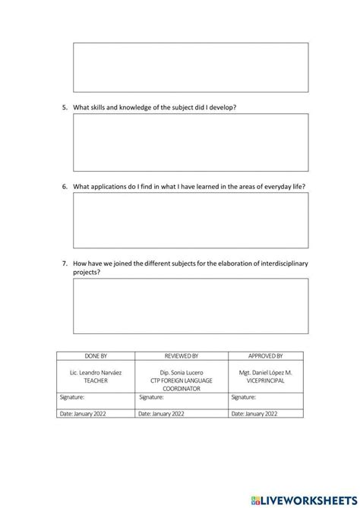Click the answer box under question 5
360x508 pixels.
tap(191, 143)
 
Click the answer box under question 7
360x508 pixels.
tap(191, 305)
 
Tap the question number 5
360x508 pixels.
tap(65, 108)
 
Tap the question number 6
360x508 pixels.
tap(65, 186)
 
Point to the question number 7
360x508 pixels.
tap(65, 263)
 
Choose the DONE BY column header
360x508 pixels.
tap(96, 355)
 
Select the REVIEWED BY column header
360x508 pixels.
tap(182, 355)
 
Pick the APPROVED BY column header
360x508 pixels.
tap(265, 355)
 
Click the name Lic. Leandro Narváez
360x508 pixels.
tap(96, 373)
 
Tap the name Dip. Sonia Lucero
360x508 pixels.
tap(182, 373)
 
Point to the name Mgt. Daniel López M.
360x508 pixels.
tap(265, 373)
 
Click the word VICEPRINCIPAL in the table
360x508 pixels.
tap(265, 380)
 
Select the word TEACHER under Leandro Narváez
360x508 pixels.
tap(96, 380)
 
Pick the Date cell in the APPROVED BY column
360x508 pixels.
tap(265, 414)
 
